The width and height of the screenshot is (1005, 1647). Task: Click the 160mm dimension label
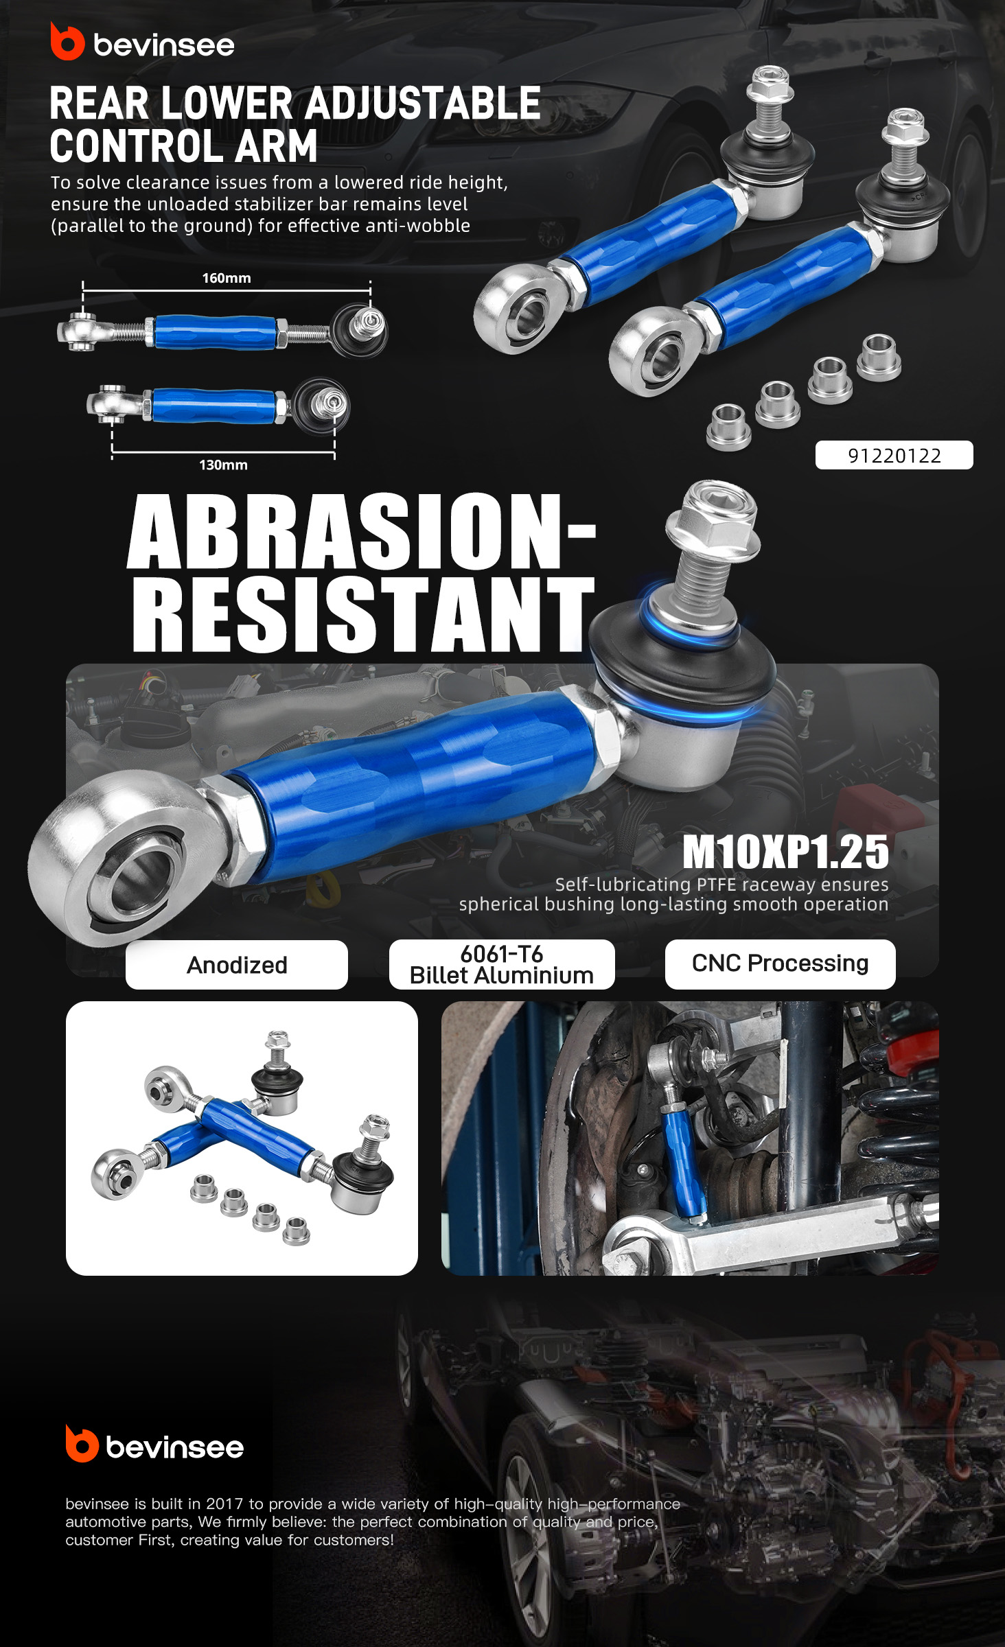coord(227,278)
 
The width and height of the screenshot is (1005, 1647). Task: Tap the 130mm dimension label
coord(223,465)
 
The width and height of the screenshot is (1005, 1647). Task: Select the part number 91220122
coord(894,456)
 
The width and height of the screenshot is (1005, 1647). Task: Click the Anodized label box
coord(237,965)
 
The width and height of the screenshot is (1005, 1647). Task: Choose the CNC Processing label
coord(781,963)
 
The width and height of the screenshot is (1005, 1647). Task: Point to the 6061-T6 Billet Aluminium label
coord(502,964)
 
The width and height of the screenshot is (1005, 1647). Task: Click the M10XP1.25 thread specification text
coord(785,852)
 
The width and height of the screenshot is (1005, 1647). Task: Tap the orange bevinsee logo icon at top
coord(67,42)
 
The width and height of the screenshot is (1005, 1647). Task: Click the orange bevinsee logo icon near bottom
coord(82,1443)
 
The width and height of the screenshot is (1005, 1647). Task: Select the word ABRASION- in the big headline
coord(362,532)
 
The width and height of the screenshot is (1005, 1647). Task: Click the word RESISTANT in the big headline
coord(363,613)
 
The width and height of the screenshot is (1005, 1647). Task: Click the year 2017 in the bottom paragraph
coord(225,1504)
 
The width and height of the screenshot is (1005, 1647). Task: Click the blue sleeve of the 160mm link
coord(215,332)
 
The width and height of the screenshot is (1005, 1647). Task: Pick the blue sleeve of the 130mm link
coord(213,405)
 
